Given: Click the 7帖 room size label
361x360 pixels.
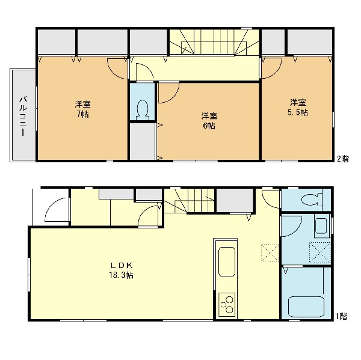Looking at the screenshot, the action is point(82,114).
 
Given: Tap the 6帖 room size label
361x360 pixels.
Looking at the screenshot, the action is point(209,126).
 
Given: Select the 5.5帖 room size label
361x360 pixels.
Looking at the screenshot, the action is point(298,112).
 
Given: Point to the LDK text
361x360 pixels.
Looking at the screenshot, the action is point(122,266).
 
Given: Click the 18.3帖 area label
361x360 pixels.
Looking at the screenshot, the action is point(122,275).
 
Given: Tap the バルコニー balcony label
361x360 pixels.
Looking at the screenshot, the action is point(23,116).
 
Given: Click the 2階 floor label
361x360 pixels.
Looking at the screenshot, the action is point(343,159).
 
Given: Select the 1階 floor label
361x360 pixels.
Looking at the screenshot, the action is point(341,317).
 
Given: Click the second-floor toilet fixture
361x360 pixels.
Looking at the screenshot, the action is point(142,110).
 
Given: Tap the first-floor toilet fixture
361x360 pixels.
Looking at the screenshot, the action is point(312,200).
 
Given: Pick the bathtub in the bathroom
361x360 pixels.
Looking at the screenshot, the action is point(306,307).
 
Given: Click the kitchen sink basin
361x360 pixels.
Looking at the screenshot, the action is point(227,261).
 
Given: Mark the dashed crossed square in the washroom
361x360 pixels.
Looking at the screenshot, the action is point(320,252).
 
